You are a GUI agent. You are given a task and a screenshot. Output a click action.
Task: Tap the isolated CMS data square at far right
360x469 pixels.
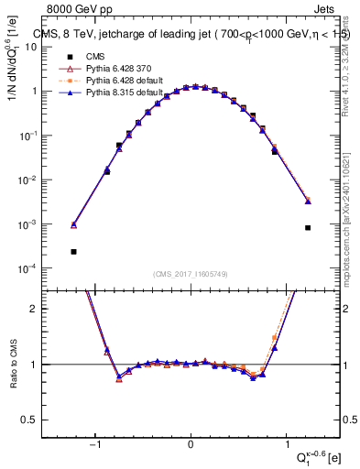tap(308, 227)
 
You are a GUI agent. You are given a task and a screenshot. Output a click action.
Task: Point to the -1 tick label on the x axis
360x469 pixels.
tap(94, 445)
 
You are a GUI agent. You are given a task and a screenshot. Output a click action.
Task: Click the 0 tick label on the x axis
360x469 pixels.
tap(191, 445)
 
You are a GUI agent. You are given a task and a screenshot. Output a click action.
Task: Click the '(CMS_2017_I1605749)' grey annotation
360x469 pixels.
tap(191, 275)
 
